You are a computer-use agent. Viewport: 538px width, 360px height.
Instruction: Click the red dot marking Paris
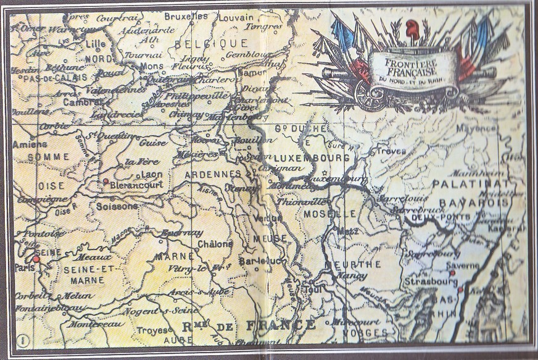(36, 260)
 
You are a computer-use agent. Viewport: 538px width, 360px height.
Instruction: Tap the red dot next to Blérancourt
(106, 181)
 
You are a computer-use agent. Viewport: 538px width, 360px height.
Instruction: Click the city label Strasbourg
(431, 282)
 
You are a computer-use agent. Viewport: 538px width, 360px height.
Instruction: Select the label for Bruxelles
(186, 16)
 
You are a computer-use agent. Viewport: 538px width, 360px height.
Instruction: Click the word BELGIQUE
(212, 44)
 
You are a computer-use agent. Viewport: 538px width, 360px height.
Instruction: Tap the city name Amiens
(30, 144)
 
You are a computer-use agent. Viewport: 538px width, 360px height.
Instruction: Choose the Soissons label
(117, 206)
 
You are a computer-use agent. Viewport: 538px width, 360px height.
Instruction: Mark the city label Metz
(349, 232)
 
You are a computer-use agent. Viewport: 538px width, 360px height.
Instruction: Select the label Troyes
(152, 330)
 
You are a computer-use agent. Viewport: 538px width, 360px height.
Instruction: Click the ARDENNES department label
(213, 175)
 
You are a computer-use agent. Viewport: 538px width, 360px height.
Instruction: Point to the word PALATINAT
(470, 184)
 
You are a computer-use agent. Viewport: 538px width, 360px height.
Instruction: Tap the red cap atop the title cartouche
(412, 27)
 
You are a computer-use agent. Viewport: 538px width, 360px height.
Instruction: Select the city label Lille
(96, 44)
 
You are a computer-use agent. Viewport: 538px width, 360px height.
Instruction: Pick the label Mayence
(476, 128)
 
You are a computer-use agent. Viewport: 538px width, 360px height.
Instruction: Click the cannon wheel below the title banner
(370, 95)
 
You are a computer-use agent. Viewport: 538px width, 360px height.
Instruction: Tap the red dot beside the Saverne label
(452, 272)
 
